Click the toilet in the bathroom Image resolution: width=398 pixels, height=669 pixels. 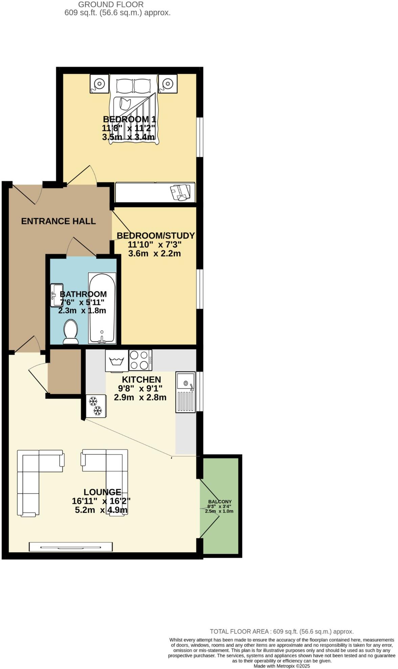(71, 332)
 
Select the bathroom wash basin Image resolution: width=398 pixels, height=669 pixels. (56, 295)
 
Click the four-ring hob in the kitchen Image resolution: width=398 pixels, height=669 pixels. (140, 360)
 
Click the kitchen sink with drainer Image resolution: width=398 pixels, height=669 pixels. (185, 392)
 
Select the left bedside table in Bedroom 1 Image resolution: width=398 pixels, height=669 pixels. (99, 83)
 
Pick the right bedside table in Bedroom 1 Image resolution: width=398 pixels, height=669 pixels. (168, 83)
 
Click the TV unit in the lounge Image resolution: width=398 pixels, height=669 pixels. (70, 546)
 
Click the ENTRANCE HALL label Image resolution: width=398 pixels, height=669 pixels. (58, 221)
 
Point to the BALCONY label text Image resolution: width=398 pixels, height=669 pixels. (220, 502)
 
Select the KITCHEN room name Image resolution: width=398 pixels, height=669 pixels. (141, 380)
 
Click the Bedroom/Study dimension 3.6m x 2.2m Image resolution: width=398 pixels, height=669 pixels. (154, 253)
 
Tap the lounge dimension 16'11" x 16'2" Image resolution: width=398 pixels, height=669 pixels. (101, 501)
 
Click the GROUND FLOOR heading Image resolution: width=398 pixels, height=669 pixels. (111, 5)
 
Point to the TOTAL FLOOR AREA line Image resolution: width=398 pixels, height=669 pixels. (282, 631)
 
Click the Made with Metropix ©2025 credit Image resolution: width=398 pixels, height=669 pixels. (282, 666)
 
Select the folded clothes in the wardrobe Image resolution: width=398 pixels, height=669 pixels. (180, 192)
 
